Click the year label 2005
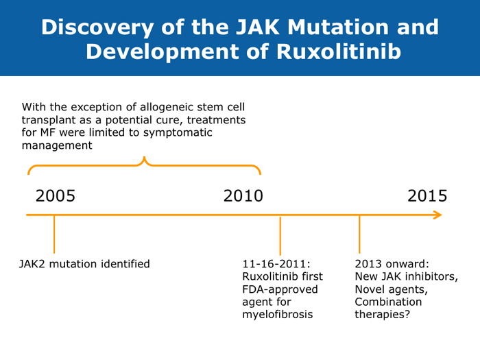pos(56,195)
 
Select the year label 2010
pos(243,195)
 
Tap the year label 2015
pos(427,195)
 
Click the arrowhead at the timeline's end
pos(437,215)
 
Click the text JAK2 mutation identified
pos(84,264)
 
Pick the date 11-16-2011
pos(276,264)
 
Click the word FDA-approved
pos(280,289)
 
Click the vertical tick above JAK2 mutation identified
pos(54,235)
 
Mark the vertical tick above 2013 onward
pos(359,235)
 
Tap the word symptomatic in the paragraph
pos(178,132)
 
